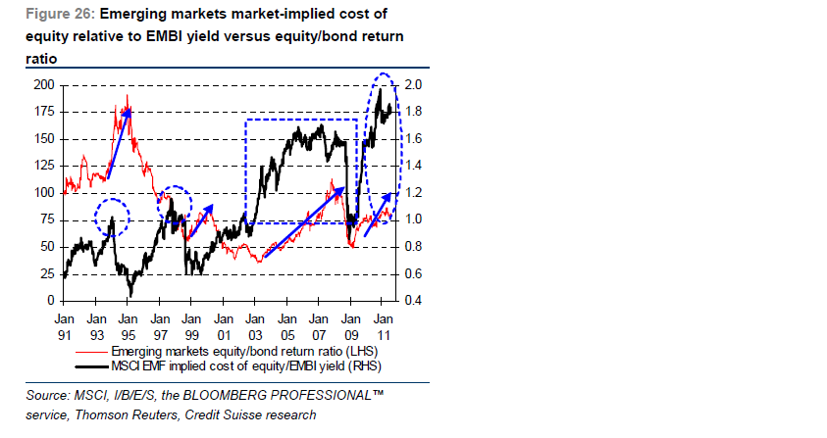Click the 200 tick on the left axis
[43, 84]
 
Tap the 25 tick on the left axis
[46, 273]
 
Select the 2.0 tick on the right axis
[413, 84]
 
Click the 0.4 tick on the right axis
[413, 300]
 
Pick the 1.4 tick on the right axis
[413, 166]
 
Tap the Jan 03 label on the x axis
[254, 325]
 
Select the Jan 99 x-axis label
[190, 325]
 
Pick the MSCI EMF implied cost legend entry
[244, 366]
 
